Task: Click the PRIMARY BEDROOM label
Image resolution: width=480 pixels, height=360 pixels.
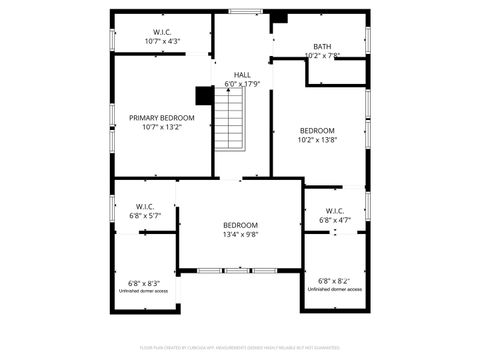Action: (x=162, y=118)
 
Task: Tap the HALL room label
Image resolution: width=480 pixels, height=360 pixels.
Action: (x=242, y=75)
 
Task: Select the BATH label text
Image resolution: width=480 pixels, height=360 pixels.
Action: (x=321, y=46)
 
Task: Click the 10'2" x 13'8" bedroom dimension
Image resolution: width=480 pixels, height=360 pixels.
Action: (x=317, y=140)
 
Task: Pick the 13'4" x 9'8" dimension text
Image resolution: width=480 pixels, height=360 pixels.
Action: (x=240, y=236)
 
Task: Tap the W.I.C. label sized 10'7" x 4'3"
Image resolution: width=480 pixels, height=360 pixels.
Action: (x=163, y=33)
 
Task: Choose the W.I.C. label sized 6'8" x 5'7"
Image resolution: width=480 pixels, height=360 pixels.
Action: (x=141, y=208)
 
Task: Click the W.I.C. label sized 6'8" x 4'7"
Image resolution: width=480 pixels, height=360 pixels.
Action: (x=334, y=211)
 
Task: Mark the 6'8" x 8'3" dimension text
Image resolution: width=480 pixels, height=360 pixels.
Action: (x=143, y=283)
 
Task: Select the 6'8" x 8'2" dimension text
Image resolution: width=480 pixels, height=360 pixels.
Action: (x=334, y=281)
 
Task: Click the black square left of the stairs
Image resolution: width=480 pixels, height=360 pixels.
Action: (x=203, y=95)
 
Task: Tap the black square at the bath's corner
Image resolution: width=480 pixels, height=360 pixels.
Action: (x=280, y=18)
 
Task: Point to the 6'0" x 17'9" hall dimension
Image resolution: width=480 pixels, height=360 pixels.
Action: (x=242, y=84)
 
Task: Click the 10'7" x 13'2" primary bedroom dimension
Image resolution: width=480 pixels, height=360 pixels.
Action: (x=162, y=128)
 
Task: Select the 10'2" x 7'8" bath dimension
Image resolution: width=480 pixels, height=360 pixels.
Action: (x=321, y=56)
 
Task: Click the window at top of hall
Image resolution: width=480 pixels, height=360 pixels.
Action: (x=243, y=11)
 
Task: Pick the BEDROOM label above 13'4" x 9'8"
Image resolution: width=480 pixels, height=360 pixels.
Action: (x=240, y=225)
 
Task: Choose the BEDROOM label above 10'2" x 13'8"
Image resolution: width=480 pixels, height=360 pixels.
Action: (x=317, y=130)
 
